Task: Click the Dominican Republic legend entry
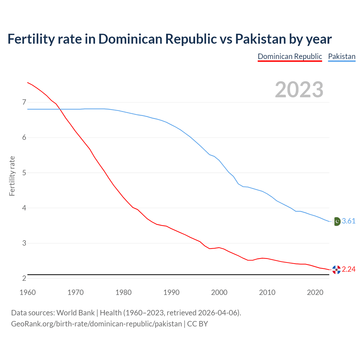(x=290, y=56)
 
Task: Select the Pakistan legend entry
(x=341, y=56)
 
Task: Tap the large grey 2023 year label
(x=299, y=90)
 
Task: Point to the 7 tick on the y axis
(x=24, y=102)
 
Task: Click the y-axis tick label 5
(x=24, y=173)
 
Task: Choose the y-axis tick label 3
(x=24, y=243)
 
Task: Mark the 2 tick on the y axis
(x=24, y=278)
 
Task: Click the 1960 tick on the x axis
(x=28, y=292)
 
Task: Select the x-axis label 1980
(x=123, y=292)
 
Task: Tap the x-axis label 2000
(x=219, y=292)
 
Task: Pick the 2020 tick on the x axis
(x=315, y=292)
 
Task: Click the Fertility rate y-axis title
(x=12, y=176)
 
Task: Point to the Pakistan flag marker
(x=336, y=221)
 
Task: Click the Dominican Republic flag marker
(x=336, y=270)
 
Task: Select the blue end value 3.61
(x=349, y=221)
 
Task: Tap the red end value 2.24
(x=349, y=269)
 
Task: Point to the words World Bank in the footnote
(x=75, y=313)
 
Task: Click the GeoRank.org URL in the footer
(x=96, y=324)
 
